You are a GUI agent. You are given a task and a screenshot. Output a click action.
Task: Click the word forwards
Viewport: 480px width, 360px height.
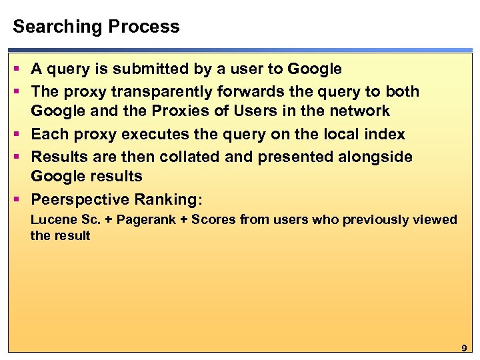pos(259,91)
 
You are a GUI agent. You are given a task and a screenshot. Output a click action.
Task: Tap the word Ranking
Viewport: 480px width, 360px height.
pos(168,200)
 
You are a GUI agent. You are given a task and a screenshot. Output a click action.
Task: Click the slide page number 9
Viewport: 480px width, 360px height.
pos(464,349)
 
